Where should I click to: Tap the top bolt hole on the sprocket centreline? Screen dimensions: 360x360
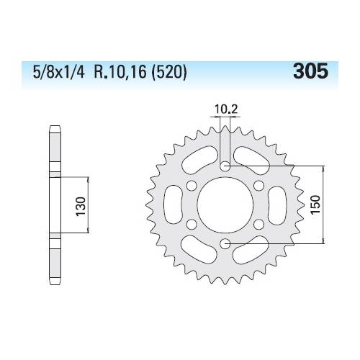pos(225,166)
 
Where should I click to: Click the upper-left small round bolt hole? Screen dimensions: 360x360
pos(192,185)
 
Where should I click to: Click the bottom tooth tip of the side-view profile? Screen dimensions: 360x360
pos(54,281)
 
